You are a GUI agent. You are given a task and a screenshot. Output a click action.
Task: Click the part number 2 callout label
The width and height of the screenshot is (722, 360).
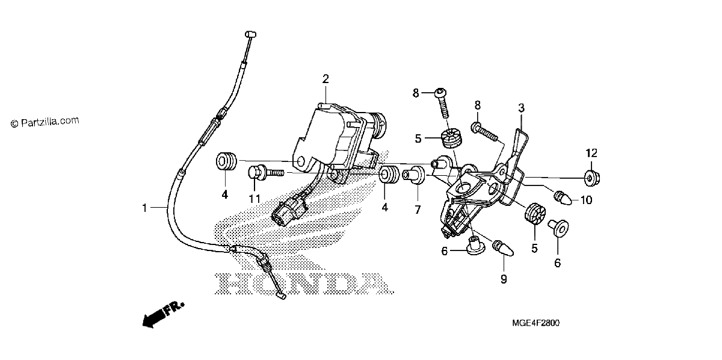pyautogui.click(x=326, y=79)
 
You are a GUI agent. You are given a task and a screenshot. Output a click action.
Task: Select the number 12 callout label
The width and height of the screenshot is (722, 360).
pyautogui.click(x=591, y=153)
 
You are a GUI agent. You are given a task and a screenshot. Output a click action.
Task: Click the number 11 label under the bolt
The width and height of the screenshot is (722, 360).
pyautogui.click(x=255, y=199)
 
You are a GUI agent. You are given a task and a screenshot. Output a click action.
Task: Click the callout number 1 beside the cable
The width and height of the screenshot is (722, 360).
pyautogui.click(x=145, y=208)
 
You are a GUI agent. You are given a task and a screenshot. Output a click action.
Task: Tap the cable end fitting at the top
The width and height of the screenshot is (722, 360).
pyautogui.click(x=250, y=34)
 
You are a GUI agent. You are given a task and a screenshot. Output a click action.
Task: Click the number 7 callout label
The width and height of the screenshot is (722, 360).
pyautogui.click(x=418, y=209)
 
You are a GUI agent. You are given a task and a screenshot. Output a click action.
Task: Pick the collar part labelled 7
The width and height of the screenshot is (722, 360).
pyautogui.click(x=414, y=175)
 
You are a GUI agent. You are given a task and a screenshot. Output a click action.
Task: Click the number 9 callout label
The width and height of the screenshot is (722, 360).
pyautogui.click(x=504, y=279)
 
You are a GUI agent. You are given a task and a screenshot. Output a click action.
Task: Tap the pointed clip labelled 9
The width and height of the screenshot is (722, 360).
pyautogui.click(x=504, y=249)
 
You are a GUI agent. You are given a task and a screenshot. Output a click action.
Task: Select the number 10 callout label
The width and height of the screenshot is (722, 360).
pyautogui.click(x=586, y=200)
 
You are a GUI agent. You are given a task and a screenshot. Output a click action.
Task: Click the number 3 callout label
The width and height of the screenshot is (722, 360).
pyautogui.click(x=521, y=108)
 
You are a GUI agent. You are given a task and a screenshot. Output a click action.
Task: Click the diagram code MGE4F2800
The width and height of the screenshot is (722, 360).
pyautogui.click(x=535, y=323)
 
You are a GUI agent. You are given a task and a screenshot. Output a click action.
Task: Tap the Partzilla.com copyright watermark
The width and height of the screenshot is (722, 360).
pyautogui.click(x=45, y=122)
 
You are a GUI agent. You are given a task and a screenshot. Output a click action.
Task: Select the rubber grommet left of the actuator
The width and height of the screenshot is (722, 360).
pyautogui.click(x=226, y=162)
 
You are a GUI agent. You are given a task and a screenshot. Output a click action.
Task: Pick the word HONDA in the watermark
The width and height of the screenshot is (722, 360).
pyautogui.click(x=304, y=284)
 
